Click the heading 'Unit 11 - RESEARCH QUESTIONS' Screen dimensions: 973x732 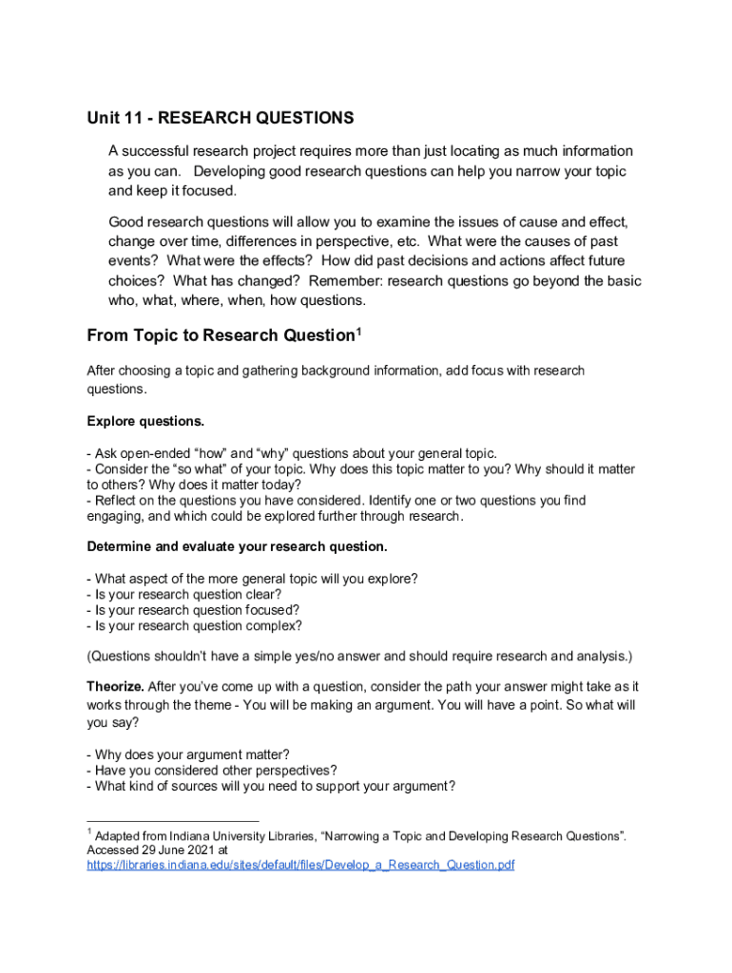pyautogui.click(x=221, y=118)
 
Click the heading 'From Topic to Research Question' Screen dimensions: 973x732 pyautogui.click(x=220, y=335)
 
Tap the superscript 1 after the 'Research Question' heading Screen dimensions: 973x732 pyautogui.click(x=358, y=330)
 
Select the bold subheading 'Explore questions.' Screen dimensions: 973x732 pyautogui.click(x=145, y=421)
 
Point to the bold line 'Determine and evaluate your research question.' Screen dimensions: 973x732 pyautogui.click(x=237, y=546)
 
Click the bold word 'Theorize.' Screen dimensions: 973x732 pyautogui.click(x=116, y=686)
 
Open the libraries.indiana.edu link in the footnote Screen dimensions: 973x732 pyautogui.click(x=300, y=866)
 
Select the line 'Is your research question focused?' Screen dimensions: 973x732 pyautogui.click(x=193, y=610)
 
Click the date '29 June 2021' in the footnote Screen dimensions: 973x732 pyautogui.click(x=177, y=850)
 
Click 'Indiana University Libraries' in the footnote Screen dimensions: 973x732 pyautogui.click(x=237, y=836)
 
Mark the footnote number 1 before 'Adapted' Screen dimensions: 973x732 pyautogui.click(x=89, y=832)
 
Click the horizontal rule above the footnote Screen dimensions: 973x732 pyautogui.click(x=172, y=821)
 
